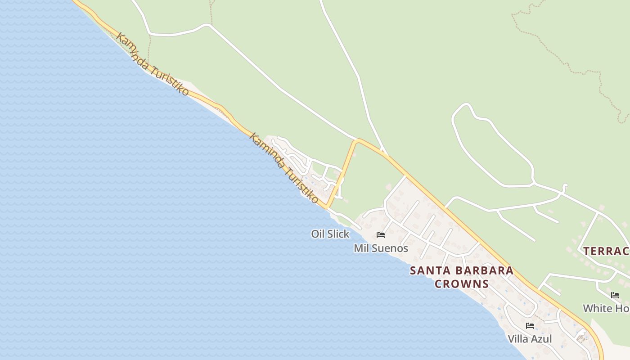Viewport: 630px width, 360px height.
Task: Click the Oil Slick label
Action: coord(330,234)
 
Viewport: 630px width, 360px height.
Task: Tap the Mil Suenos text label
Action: coord(381,248)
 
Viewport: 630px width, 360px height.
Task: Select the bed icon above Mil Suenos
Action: coord(381,234)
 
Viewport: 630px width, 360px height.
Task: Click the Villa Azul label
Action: coord(530,339)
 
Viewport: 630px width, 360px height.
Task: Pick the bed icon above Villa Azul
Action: coord(530,325)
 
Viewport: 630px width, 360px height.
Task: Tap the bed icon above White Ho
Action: coord(615,295)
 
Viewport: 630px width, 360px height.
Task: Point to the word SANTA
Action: coord(431,271)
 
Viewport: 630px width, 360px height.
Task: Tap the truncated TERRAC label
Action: coord(606,251)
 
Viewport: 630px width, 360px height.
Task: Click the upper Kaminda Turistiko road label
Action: coord(152,63)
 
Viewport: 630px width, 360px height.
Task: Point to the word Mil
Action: coord(360,248)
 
